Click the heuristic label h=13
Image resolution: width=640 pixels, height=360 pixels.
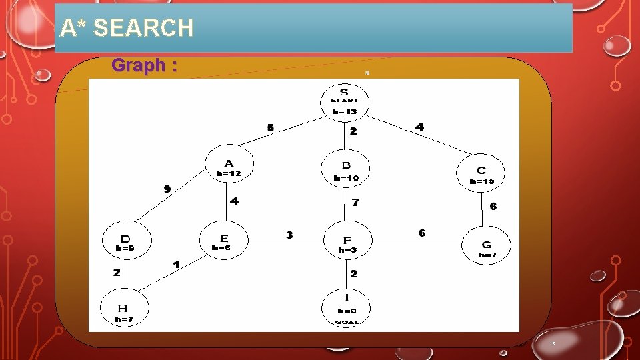[345, 111]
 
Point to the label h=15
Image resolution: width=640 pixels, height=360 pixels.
[481, 181]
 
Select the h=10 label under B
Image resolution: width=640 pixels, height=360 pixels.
[346, 178]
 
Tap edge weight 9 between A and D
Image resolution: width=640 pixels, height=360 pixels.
[167, 189]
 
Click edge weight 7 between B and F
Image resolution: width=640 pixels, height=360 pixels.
[355, 202]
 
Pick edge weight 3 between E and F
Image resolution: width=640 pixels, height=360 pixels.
[289, 235]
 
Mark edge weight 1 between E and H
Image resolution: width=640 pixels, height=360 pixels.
[176, 265]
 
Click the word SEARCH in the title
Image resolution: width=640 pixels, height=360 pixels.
[144, 28]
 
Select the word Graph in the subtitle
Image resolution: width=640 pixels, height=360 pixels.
[139, 65]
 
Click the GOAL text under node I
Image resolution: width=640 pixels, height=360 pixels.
[347, 322]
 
